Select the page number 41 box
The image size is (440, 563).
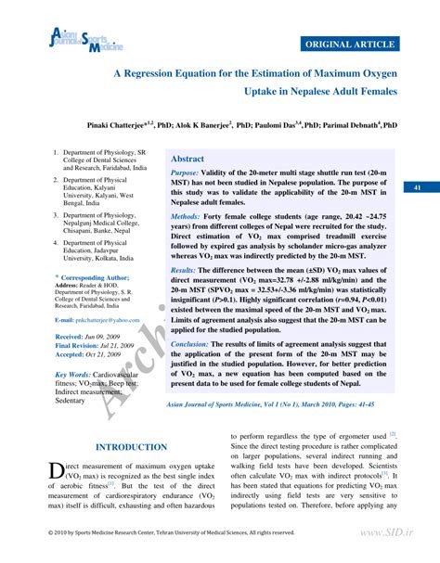tap(419, 188)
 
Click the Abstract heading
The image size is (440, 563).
tap(188, 159)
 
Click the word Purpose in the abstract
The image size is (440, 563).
tap(185, 173)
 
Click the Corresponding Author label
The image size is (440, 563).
tap(94, 277)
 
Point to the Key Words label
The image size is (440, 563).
tap(73, 375)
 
